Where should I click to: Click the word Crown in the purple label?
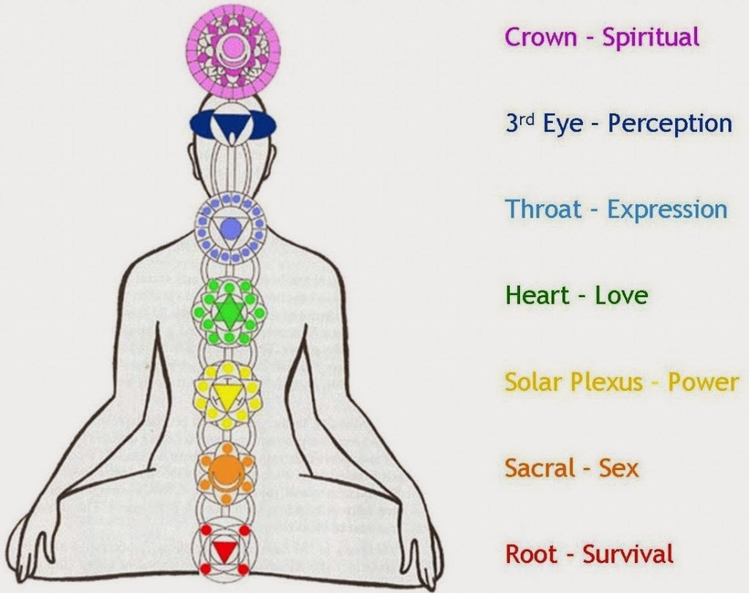541,37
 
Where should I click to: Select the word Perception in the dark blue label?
670,124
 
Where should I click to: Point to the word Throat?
543,209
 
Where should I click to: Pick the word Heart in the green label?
538,295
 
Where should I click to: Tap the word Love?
621,296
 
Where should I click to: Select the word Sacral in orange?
539,468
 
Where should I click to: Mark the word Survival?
628,554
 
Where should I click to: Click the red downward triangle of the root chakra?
223,551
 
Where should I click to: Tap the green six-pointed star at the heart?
228,312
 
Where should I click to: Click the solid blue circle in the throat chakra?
230,228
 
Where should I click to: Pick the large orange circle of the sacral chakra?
225,469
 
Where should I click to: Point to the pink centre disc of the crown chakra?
232,46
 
